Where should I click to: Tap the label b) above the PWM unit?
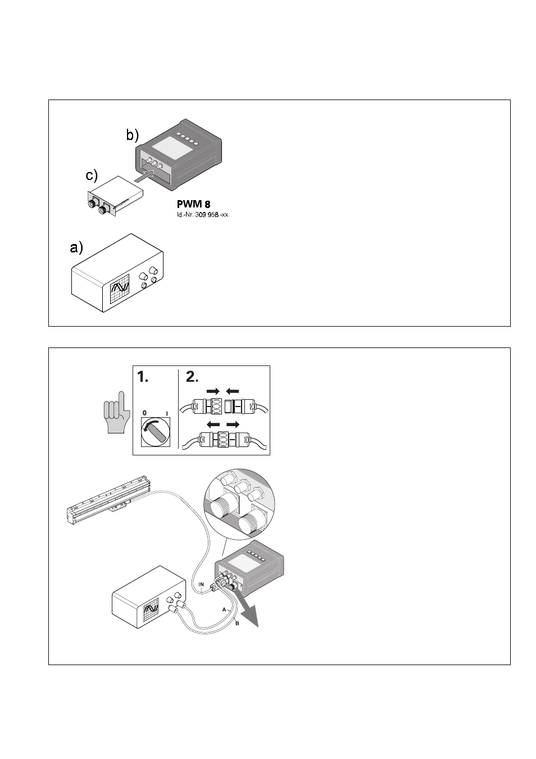tap(132, 135)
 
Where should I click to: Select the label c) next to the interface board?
tap(92, 176)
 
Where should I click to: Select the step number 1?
tap(143, 378)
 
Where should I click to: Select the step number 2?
tap(192, 378)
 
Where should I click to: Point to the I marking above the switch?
tap(167, 413)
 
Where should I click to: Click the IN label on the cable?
tap(201, 585)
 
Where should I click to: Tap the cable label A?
tap(224, 609)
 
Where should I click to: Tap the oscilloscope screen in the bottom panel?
tap(152, 611)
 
